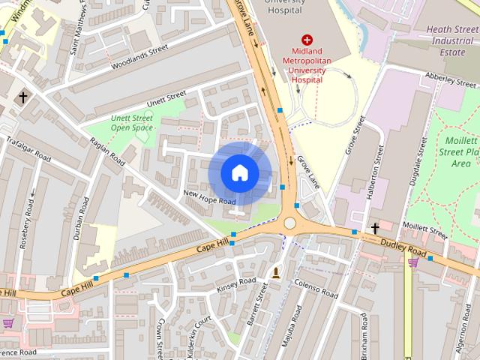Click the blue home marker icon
239,172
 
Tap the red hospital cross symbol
306,40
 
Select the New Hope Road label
210,197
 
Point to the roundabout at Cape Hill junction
289,223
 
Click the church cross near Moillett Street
374,227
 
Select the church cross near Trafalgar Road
23,97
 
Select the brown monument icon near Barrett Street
276,272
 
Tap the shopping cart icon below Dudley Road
412,262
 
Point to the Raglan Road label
107,150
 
